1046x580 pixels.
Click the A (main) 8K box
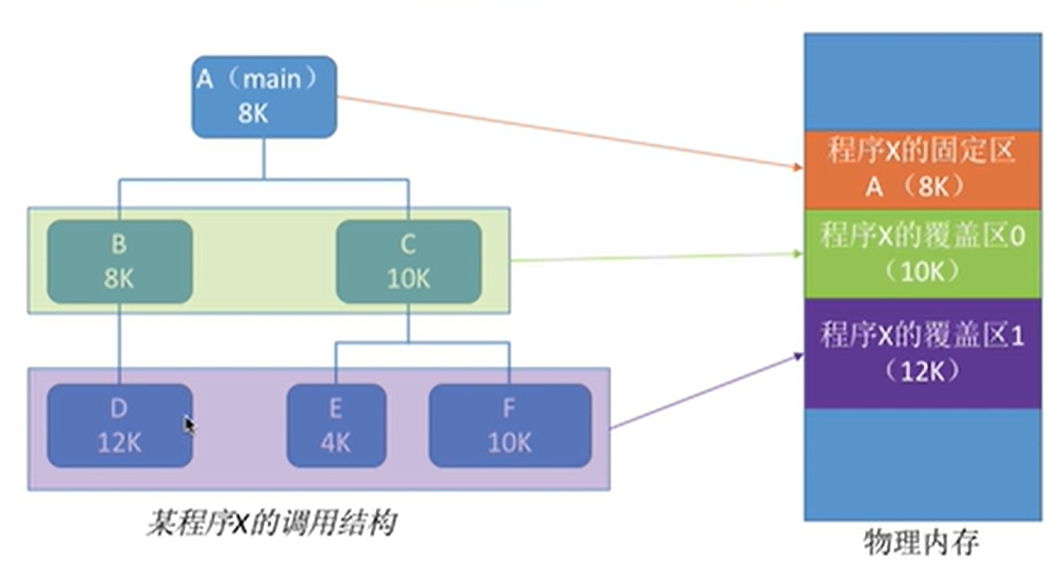(x=264, y=96)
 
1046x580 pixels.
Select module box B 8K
(x=119, y=261)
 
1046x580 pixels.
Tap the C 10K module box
(x=408, y=261)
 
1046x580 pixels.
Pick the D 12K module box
(x=119, y=425)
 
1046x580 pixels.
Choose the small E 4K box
(x=336, y=425)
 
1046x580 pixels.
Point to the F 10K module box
(x=509, y=425)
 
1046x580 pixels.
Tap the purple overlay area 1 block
(x=922, y=352)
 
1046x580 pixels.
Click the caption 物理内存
(x=922, y=542)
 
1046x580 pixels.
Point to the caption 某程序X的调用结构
(x=270, y=523)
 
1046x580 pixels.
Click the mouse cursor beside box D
(x=189, y=425)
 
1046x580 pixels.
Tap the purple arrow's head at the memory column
(x=799, y=354)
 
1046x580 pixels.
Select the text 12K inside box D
(x=119, y=442)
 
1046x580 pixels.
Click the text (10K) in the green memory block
(x=922, y=270)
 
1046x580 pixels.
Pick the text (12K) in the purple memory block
(x=922, y=371)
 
